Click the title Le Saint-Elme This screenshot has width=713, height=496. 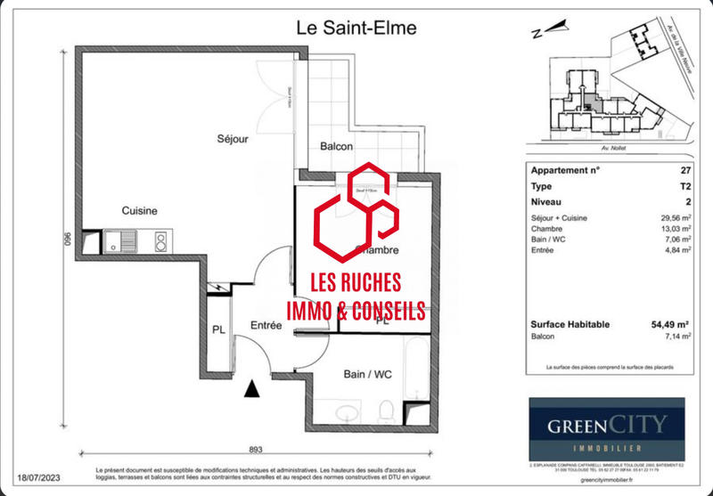point(356,28)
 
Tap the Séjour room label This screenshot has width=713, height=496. point(233,139)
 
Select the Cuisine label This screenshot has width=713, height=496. point(140,211)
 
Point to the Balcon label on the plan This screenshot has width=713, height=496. point(336,147)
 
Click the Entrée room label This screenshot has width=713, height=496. point(266,327)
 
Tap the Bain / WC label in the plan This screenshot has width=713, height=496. point(367,374)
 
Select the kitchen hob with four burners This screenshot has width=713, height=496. point(161,240)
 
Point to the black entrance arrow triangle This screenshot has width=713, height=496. point(252,388)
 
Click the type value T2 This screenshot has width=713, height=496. point(684,186)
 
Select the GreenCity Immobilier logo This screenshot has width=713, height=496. point(606,428)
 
